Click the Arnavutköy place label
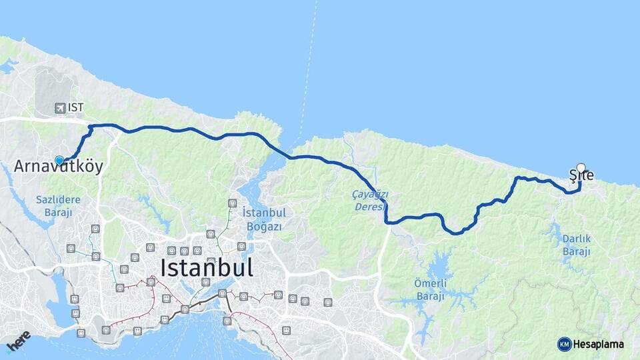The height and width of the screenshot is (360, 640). (x=59, y=167)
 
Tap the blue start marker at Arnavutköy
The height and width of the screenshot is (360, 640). (x=59, y=161)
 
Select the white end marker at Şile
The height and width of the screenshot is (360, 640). (x=581, y=168)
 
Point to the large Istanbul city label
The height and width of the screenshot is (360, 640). (x=207, y=267)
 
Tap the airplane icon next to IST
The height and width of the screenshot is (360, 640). (x=60, y=107)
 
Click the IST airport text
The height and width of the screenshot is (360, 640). (x=75, y=107)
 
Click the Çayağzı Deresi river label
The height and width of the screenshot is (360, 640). (x=370, y=199)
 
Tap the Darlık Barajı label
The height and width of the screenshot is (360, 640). (x=577, y=245)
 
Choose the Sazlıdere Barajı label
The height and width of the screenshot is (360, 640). (x=58, y=205)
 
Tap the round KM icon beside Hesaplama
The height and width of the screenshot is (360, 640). (x=564, y=344)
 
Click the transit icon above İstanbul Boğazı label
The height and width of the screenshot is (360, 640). (x=232, y=203)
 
